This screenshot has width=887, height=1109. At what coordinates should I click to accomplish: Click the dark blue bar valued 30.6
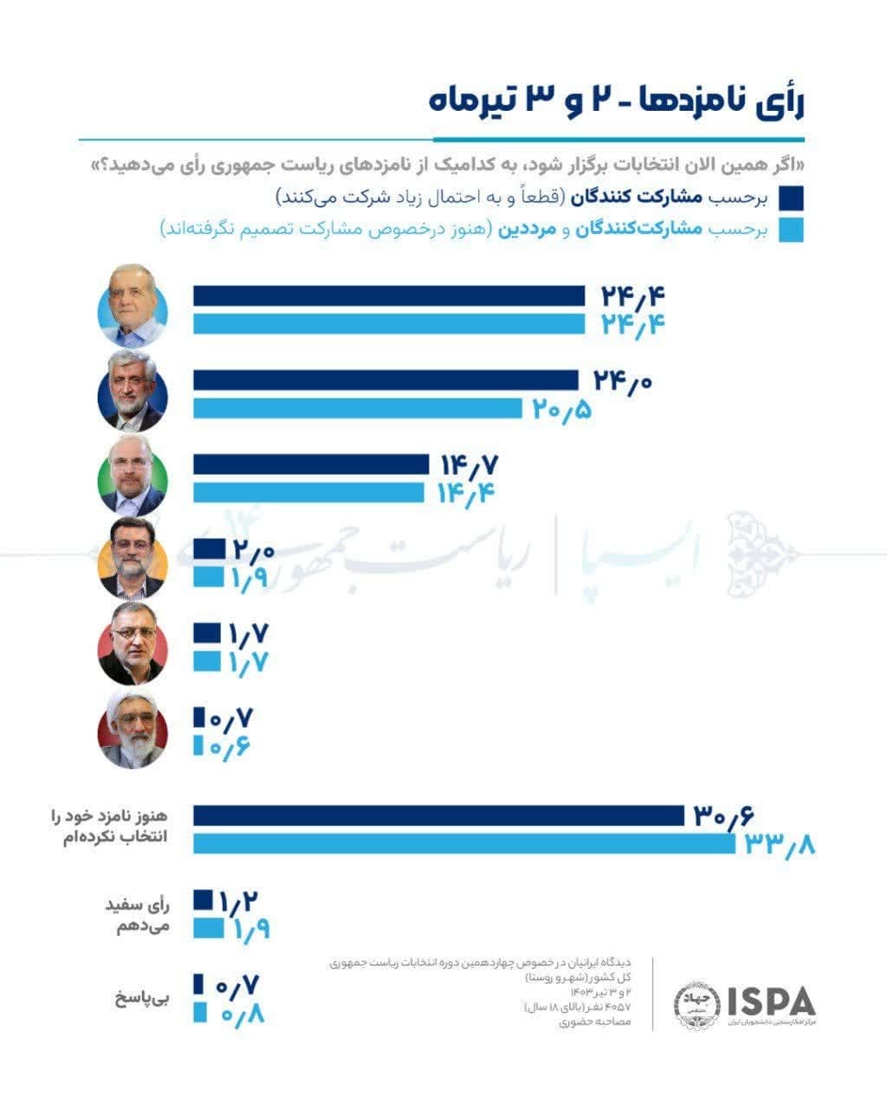(x=438, y=816)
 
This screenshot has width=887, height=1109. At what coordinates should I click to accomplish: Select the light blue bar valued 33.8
(x=463, y=843)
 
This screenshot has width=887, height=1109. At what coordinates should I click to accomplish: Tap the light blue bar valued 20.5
(x=357, y=408)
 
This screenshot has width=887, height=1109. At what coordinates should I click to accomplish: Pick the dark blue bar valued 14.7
(x=311, y=465)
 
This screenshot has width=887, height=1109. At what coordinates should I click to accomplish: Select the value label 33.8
(x=780, y=844)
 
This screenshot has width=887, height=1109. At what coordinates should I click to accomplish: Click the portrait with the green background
(x=133, y=475)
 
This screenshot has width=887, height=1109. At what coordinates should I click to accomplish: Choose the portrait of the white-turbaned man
(x=133, y=729)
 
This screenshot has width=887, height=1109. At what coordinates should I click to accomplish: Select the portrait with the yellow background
(x=133, y=559)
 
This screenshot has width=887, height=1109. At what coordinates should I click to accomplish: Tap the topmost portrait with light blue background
(x=133, y=305)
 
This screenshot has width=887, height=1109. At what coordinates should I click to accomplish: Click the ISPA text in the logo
(x=771, y=1001)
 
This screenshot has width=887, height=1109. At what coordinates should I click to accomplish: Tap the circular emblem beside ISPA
(x=696, y=1005)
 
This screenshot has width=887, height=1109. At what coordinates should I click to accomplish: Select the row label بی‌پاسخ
(x=142, y=998)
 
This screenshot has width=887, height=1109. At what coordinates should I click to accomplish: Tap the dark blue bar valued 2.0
(x=207, y=549)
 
